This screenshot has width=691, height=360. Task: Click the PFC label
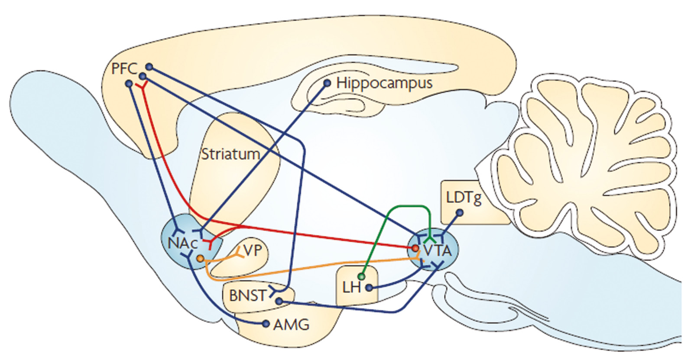(x=124, y=68)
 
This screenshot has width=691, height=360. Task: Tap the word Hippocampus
(x=384, y=83)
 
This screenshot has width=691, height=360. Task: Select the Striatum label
(x=230, y=154)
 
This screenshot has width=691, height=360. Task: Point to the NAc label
(x=182, y=243)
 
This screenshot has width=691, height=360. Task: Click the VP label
(x=253, y=250)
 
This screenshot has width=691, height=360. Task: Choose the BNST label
(x=247, y=295)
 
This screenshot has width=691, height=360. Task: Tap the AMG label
(x=292, y=324)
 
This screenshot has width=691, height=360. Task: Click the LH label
(x=351, y=287)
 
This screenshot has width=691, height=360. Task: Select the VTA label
(x=437, y=250)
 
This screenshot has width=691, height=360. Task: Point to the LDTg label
(x=464, y=198)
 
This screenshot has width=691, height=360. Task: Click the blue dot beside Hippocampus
(x=327, y=83)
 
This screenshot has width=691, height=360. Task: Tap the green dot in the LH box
(x=362, y=276)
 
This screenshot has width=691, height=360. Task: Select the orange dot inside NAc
(x=200, y=259)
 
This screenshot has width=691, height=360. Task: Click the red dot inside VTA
(x=415, y=248)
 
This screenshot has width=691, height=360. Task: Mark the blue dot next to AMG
(x=266, y=324)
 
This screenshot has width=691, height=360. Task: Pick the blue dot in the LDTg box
(x=460, y=213)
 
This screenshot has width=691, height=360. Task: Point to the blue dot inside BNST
(x=279, y=301)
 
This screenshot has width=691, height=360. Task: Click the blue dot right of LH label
(x=369, y=287)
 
